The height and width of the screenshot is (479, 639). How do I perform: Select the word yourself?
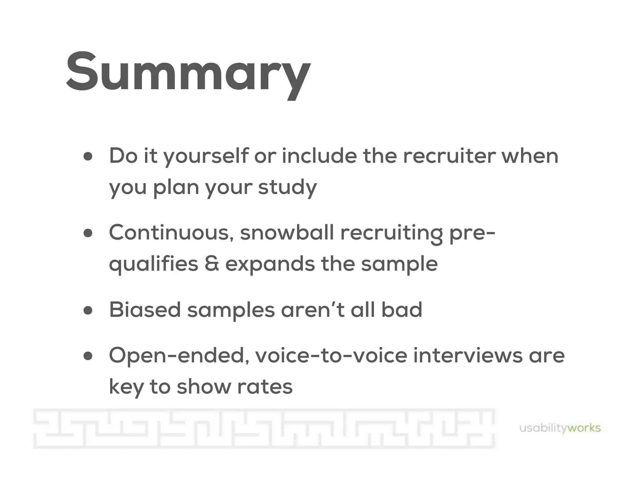206,157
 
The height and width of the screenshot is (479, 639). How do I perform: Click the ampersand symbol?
212,264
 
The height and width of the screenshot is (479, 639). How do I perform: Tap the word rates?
265,387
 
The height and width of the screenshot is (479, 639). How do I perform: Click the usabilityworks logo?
560,428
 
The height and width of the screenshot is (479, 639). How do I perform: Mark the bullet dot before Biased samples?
88,311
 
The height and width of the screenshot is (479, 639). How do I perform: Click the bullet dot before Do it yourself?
88,157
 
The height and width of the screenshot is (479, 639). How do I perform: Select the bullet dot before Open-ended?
88,356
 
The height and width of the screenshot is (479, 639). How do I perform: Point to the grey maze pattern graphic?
264,428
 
